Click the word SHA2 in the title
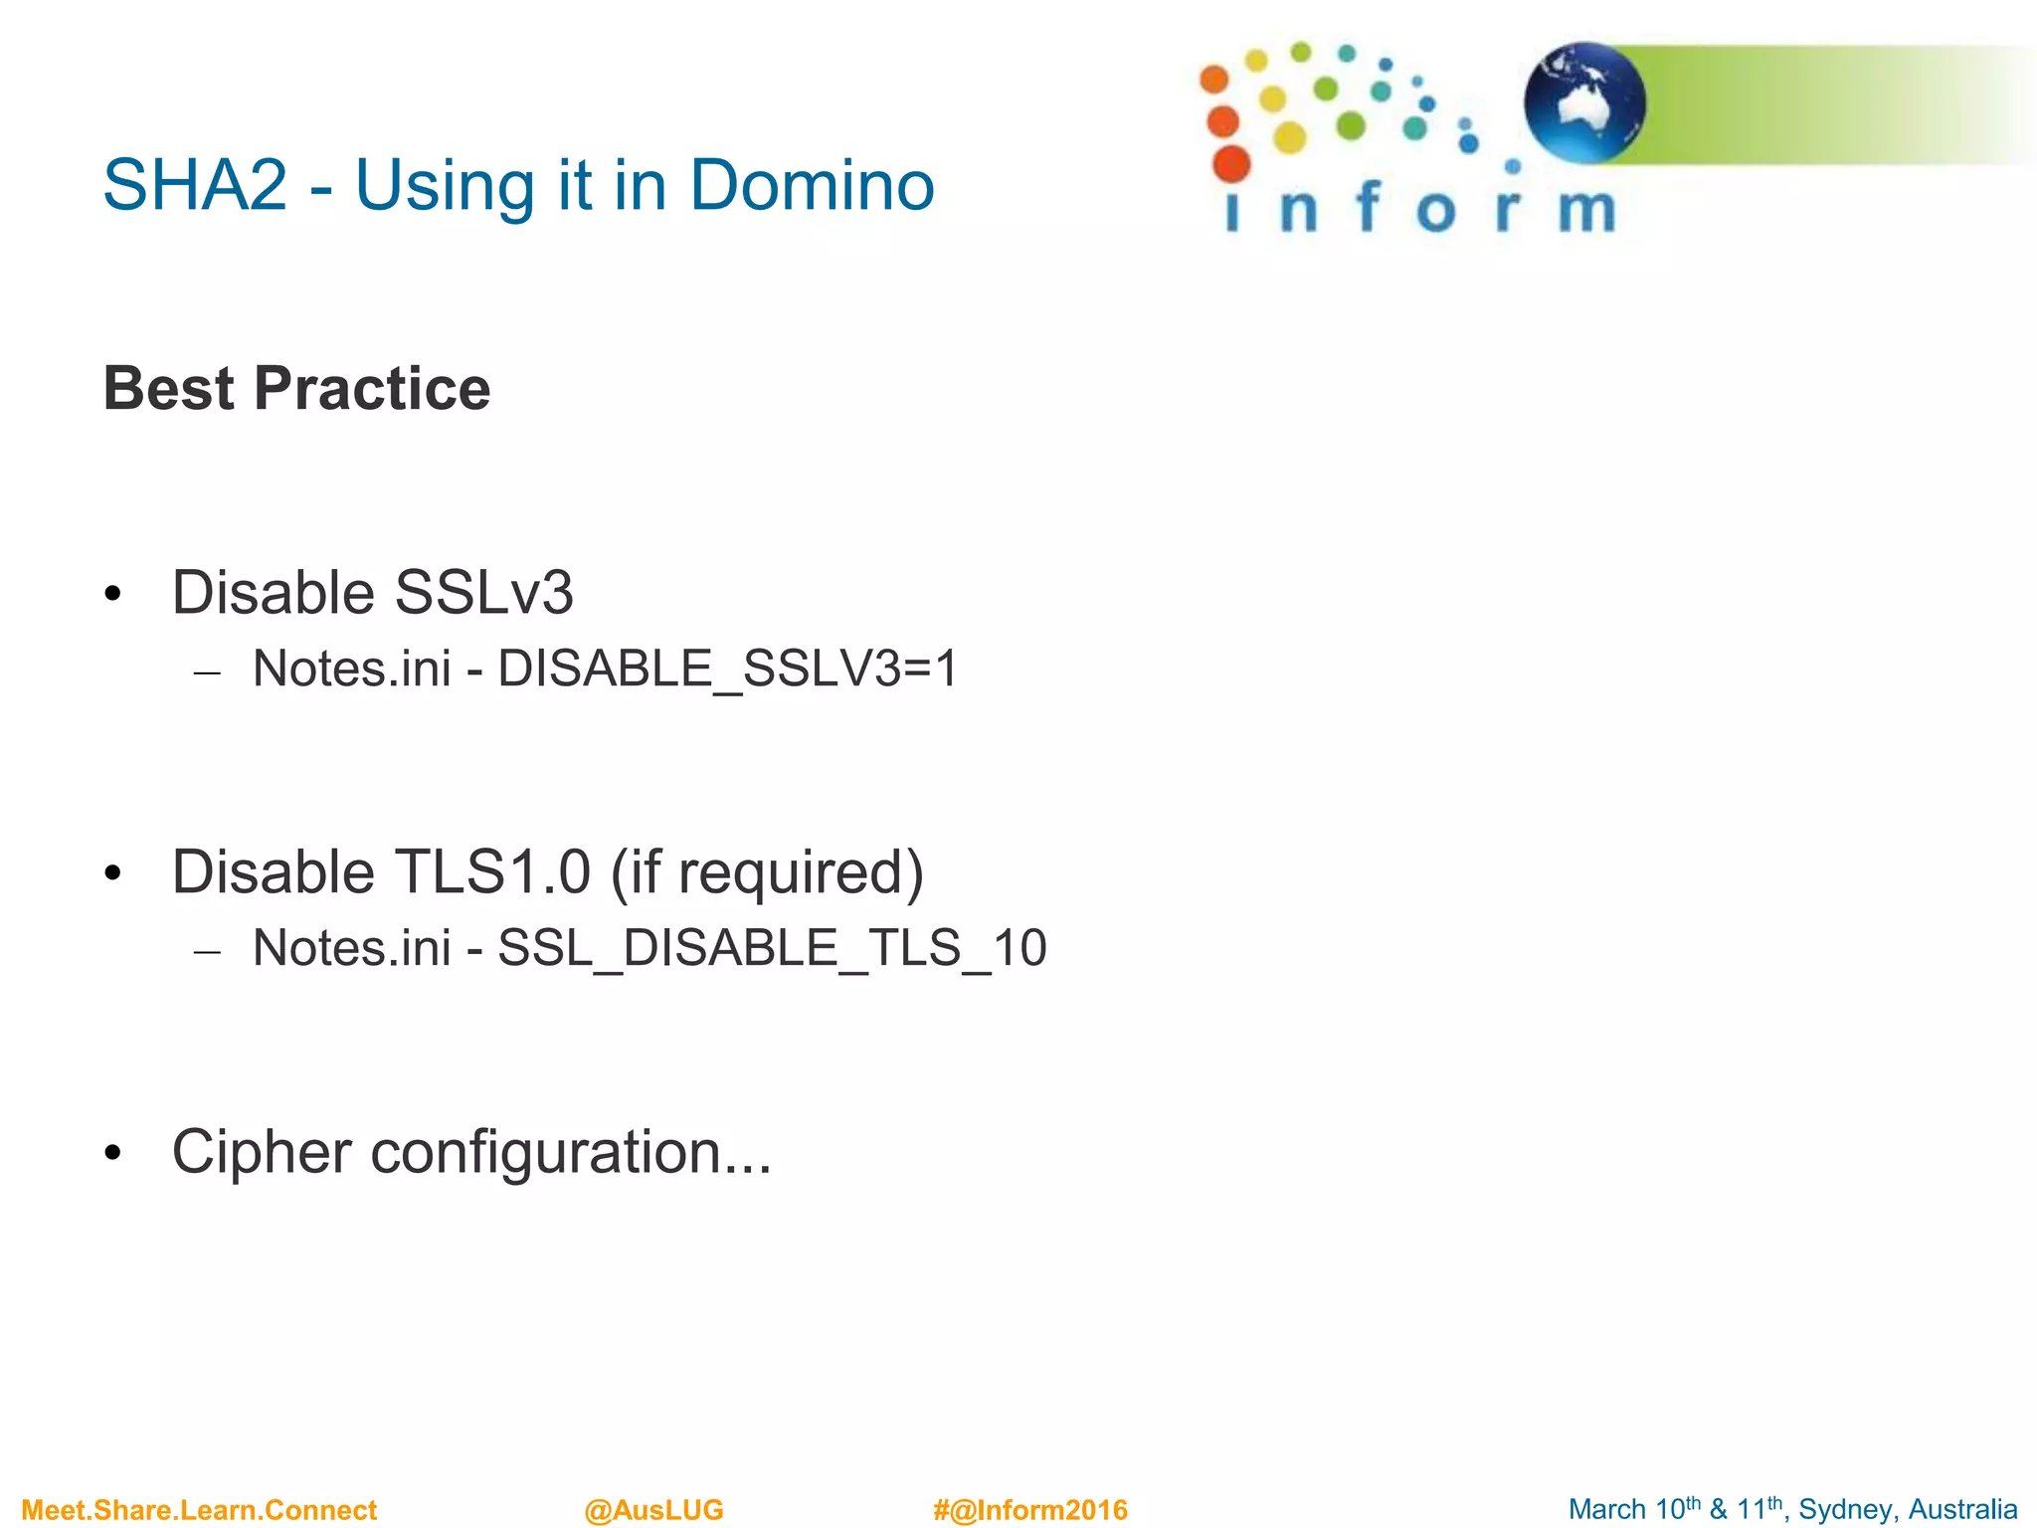pos(195,186)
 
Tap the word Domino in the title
pos(812,186)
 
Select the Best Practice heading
pos(296,388)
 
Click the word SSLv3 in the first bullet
pos(483,593)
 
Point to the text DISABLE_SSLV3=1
pos(727,668)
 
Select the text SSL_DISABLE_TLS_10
pos(772,948)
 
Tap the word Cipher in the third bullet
pos(262,1152)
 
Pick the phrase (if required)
pos(767,872)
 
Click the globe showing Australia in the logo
pos(1584,102)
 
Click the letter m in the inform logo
pos(1586,210)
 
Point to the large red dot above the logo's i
pos(1231,163)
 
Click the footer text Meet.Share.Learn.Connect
pos(199,1510)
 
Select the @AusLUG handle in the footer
pos(653,1510)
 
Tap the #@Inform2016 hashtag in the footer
pos(1030,1510)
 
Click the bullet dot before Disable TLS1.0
pos(112,874)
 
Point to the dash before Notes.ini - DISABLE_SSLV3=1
pos(207,673)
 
